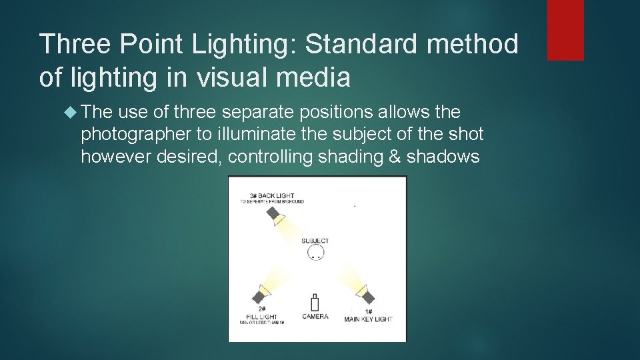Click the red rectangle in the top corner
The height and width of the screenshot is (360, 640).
[x=565, y=30]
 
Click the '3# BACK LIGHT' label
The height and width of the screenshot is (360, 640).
[x=271, y=195]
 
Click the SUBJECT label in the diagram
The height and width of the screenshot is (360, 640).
[x=315, y=241]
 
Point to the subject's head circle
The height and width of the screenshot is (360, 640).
[x=316, y=252]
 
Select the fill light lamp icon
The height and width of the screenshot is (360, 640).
[x=261, y=293]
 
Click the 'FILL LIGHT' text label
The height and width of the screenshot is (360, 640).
[x=262, y=317]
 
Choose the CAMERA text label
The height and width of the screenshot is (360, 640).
[x=315, y=316]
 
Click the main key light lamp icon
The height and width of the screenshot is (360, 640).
[x=365, y=294]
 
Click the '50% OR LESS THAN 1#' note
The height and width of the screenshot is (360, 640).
[x=262, y=323]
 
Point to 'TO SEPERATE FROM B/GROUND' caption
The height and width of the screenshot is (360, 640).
[x=272, y=201]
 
